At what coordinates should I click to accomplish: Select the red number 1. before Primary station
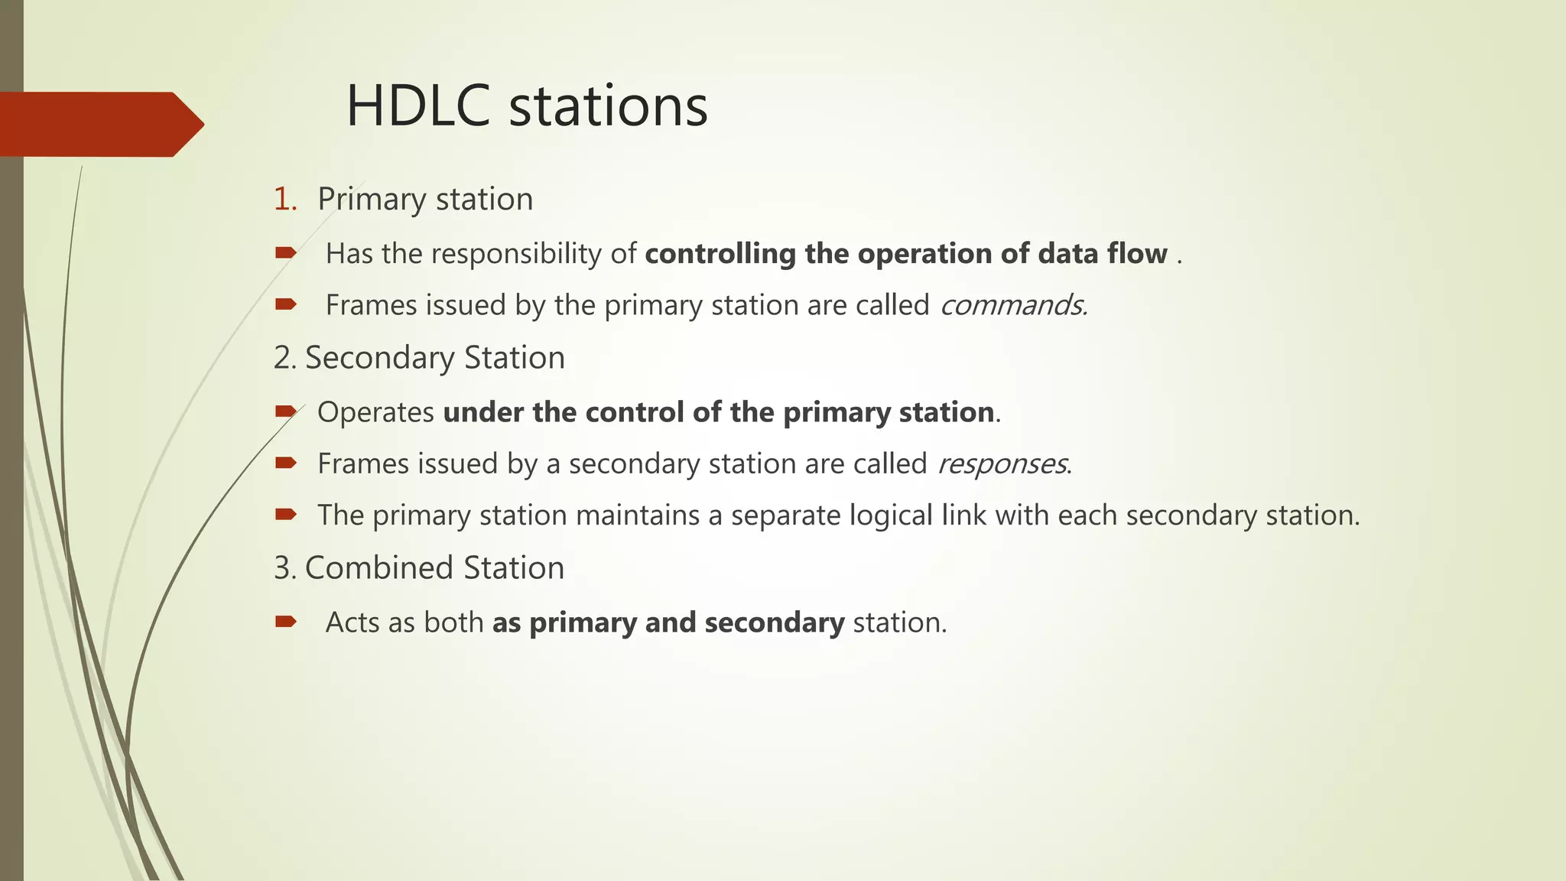click(x=284, y=199)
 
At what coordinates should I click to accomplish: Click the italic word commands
click(x=1012, y=305)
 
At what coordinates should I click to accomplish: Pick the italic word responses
click(x=1002, y=463)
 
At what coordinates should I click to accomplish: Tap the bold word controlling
click(x=720, y=254)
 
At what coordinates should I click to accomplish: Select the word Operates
click(x=375, y=412)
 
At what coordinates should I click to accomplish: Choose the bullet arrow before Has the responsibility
click(x=285, y=253)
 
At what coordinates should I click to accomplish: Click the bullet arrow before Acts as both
click(x=285, y=622)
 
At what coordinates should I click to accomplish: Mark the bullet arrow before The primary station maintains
click(x=285, y=515)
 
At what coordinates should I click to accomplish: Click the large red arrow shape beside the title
click(x=99, y=124)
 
